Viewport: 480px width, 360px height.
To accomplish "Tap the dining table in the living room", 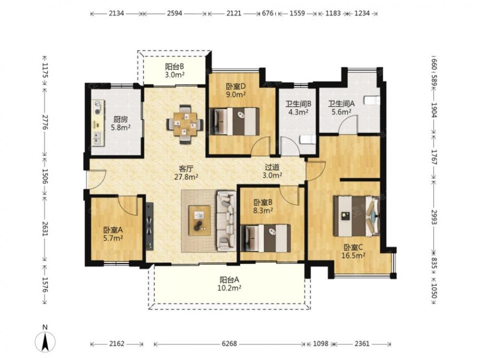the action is pyautogui.click(x=185, y=124).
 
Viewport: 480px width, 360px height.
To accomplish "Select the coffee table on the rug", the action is pyautogui.click(x=199, y=220).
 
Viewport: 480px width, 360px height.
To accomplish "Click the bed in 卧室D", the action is pyautogui.click(x=235, y=121).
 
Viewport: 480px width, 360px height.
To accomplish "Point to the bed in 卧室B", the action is pyautogui.click(x=265, y=238).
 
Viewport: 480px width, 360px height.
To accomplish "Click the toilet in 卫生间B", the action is pyautogui.click(x=307, y=140).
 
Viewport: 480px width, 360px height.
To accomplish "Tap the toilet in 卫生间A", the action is pyautogui.click(x=372, y=100).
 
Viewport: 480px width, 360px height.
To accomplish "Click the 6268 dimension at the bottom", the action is pyautogui.click(x=229, y=344).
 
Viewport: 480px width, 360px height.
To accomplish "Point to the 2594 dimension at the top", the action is pyautogui.click(x=175, y=13).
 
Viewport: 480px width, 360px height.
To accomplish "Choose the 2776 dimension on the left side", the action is pyautogui.click(x=45, y=122).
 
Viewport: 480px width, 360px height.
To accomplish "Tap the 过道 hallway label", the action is pyautogui.click(x=272, y=167).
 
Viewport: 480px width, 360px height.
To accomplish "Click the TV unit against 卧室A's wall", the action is pyautogui.click(x=150, y=227).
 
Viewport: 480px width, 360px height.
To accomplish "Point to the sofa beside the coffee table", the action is pyautogui.click(x=227, y=220).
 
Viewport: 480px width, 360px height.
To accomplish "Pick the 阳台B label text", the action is pyautogui.click(x=175, y=67).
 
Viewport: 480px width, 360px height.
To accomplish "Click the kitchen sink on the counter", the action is pyautogui.click(x=98, y=138).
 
